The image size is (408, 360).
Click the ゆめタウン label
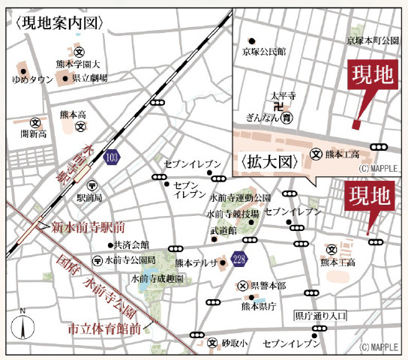(32, 79)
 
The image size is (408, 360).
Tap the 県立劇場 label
(89, 77)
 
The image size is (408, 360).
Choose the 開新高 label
(34, 133)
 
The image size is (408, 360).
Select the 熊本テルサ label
(195, 262)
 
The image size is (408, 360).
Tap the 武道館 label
(223, 230)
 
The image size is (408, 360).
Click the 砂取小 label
(235, 343)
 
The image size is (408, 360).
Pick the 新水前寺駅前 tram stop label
(88, 226)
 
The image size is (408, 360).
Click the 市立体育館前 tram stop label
(104, 328)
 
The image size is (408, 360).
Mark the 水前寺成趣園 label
(157, 278)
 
